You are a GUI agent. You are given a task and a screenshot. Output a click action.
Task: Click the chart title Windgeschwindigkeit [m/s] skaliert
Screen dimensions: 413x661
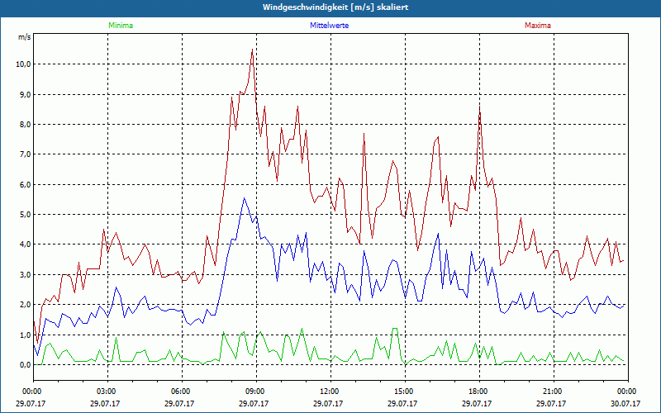pos(330,7)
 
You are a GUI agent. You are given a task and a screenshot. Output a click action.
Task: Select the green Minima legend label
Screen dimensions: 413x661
pos(120,26)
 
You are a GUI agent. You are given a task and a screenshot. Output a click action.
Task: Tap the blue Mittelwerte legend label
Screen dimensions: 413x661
pos(329,26)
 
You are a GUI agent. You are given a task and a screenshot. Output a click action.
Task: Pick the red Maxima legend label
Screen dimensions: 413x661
pos(537,26)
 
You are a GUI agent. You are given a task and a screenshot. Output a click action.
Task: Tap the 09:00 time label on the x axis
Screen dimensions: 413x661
pos(255,392)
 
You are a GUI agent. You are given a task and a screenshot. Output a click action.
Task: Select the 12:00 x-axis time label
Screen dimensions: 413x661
pos(330,392)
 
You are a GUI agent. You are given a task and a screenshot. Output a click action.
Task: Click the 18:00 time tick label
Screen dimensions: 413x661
pos(478,392)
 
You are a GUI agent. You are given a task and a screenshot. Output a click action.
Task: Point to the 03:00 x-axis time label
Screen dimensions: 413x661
pos(107,392)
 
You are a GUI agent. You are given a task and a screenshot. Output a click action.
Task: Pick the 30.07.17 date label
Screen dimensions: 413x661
pos(625,404)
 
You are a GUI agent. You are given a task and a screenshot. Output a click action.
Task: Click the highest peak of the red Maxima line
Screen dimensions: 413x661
pos(252,50)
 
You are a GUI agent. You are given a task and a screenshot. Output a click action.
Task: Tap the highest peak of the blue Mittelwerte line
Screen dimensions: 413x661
pos(244,198)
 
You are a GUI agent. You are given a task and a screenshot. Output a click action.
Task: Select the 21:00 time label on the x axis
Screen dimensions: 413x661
pos(553,392)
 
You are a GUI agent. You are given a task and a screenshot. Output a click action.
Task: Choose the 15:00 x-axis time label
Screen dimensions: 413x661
pos(404,392)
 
